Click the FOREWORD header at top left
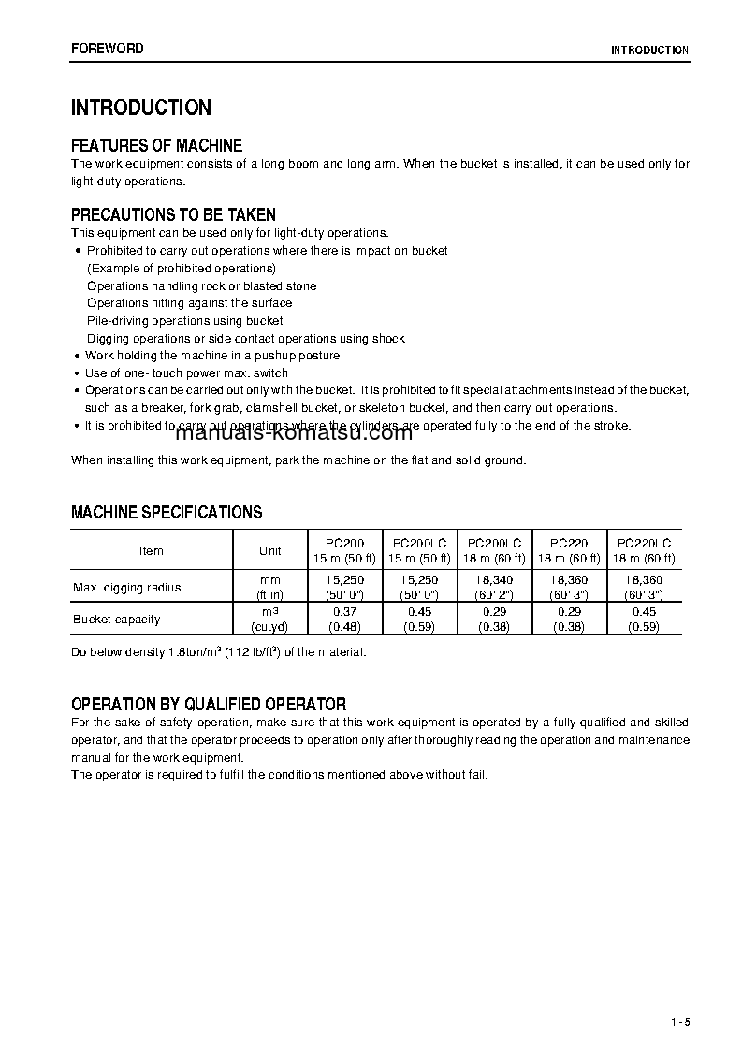tap(108, 49)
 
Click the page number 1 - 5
tap(679, 1020)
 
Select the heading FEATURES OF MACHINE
tap(156, 145)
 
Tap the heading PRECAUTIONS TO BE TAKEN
tap(173, 215)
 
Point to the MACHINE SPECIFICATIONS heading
tap(167, 513)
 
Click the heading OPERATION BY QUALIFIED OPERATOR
tap(209, 704)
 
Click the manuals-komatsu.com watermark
tap(280, 432)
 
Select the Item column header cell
tap(151, 550)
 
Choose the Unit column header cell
tap(269, 550)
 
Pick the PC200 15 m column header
tap(345, 550)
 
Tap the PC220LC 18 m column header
tap(644, 550)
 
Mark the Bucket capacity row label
tap(116, 619)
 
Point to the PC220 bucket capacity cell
tap(569, 619)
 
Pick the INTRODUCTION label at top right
tap(649, 51)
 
